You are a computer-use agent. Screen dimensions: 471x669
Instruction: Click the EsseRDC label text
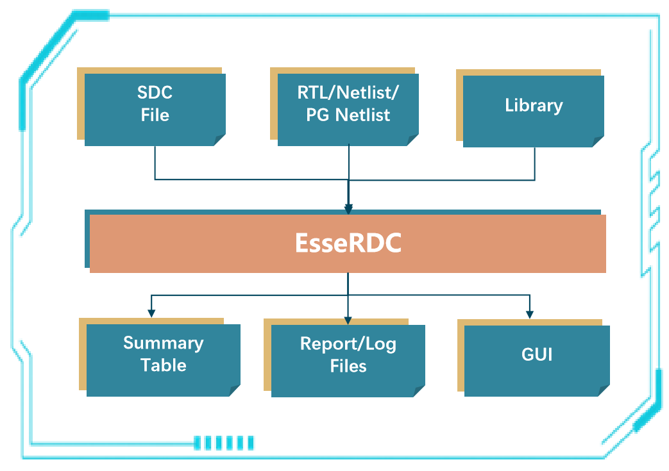348,244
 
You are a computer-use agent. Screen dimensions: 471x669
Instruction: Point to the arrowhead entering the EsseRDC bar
348,209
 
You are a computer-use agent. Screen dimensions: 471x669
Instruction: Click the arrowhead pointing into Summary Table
151,313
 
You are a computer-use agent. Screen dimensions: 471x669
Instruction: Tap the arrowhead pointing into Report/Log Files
348,318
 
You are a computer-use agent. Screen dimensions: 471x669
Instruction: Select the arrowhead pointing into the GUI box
530,313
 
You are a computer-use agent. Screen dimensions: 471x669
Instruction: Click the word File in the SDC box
155,115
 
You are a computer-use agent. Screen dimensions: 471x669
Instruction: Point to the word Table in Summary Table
163,365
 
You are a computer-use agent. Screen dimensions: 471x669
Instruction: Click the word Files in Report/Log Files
348,366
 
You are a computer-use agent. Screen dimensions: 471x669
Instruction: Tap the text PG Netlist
348,116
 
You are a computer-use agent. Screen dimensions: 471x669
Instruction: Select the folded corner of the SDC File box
219,140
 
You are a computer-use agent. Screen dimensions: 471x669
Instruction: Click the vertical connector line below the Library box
535,163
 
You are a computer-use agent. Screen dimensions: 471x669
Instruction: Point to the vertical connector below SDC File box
155,163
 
